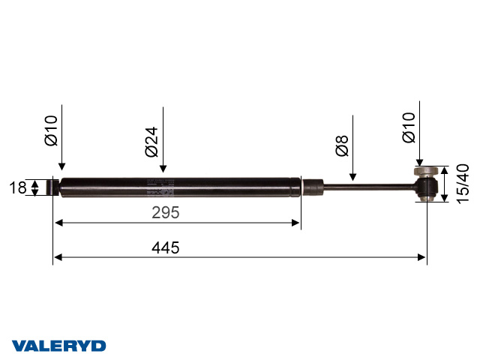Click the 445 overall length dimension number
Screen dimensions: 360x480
click(165, 247)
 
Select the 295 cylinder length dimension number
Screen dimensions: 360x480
click(165, 213)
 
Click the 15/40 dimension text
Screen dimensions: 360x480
click(463, 183)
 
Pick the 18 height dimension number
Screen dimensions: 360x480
click(17, 187)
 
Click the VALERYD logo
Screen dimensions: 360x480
click(58, 346)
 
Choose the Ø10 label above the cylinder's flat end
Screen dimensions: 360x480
click(51, 130)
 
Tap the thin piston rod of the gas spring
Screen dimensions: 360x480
click(367, 186)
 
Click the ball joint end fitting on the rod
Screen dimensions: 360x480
click(427, 185)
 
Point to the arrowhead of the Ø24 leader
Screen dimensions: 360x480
click(163, 172)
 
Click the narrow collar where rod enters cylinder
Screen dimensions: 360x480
click(313, 185)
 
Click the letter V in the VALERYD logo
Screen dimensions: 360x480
click(19, 346)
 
